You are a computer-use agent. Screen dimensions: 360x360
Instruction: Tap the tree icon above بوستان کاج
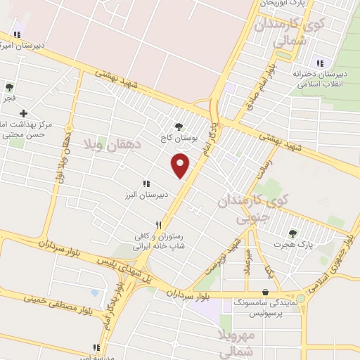click(179, 127)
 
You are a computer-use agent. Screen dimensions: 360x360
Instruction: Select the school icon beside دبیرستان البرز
click(146, 184)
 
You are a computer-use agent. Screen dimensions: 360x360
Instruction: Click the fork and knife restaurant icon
click(160, 225)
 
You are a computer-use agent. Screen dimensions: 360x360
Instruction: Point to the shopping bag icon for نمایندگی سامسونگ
click(265, 292)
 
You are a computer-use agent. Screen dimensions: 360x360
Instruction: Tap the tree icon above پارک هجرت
click(292, 233)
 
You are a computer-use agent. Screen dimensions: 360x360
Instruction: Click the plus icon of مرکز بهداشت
click(24, 113)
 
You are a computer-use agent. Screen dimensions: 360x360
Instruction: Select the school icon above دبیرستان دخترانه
click(321, 63)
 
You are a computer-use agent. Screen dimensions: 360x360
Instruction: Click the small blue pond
click(95, 292)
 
